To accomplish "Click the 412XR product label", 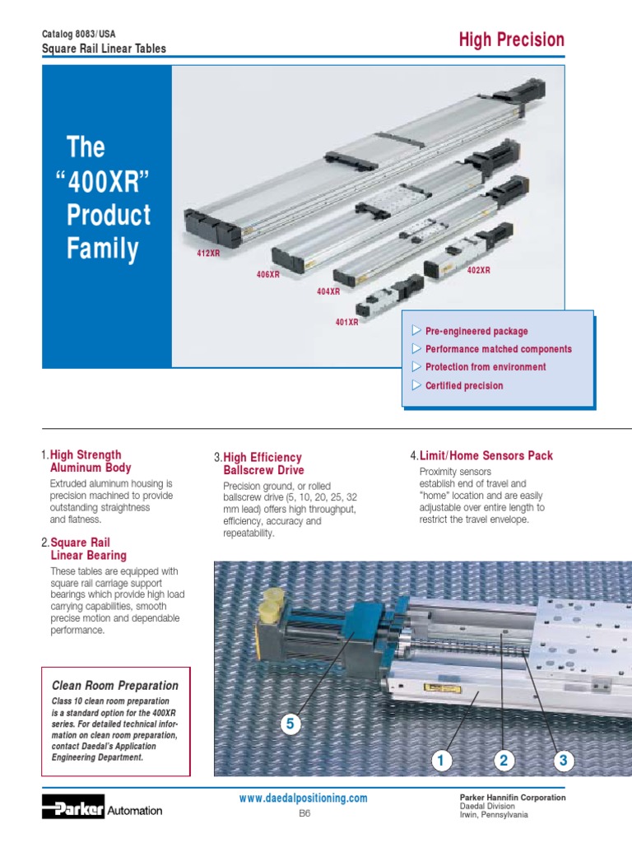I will point(208,254).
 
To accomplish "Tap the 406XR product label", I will point(268,274).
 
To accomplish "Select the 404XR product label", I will point(328,291).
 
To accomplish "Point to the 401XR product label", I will point(346,322).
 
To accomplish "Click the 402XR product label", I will point(478,270).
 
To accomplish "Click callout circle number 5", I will point(288,724).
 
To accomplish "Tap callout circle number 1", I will point(440,761).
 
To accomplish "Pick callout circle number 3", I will point(563,761).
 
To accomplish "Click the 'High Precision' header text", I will point(511,40).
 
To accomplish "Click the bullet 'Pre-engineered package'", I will point(476,331).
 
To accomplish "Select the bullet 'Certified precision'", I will point(463,385).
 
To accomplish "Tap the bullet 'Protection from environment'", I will point(485,367).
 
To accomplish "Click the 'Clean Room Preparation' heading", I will point(114,685).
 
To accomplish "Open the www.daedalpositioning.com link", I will point(303,799).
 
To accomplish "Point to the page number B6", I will point(303,813).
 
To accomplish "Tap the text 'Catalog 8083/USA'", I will point(79,34).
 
